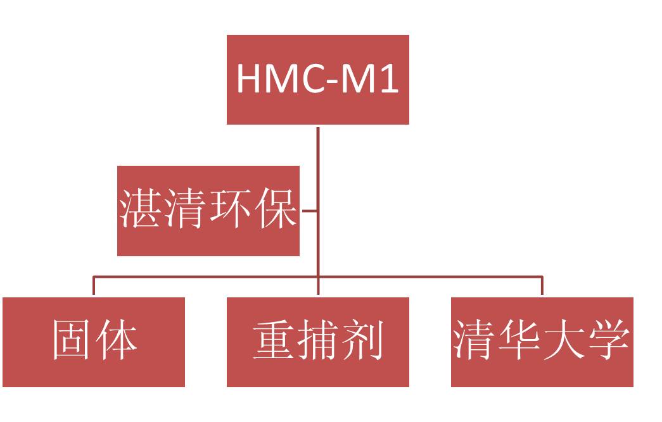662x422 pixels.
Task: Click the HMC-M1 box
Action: [x=317, y=80]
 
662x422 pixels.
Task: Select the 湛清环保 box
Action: [x=208, y=211]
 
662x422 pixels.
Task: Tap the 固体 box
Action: [x=94, y=342]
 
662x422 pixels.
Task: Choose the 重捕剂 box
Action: [x=317, y=342]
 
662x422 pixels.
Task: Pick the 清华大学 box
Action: [x=542, y=342]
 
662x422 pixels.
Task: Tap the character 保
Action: [x=276, y=209]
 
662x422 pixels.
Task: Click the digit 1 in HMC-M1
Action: [x=390, y=79]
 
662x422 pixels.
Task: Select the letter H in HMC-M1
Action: [x=248, y=79]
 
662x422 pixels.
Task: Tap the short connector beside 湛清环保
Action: [x=309, y=211]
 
